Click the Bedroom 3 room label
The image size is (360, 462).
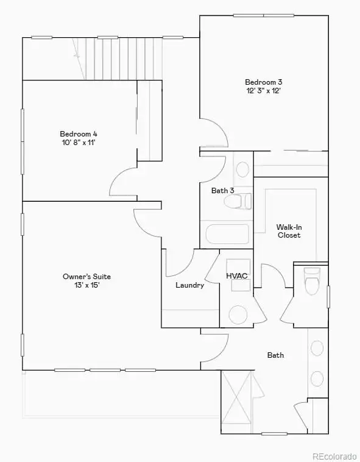click(263, 82)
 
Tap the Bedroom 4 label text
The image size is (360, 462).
click(79, 134)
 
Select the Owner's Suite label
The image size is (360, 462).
click(87, 277)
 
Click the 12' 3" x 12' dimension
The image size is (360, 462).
click(263, 91)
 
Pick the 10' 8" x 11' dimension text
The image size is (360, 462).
click(79, 143)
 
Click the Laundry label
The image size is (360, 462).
click(190, 285)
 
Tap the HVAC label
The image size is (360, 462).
click(237, 276)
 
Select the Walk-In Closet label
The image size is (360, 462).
click(289, 231)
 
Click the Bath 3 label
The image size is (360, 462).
click(222, 191)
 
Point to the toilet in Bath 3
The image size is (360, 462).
click(238, 202)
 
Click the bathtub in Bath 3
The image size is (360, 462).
click(227, 234)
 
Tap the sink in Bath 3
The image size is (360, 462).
click(242, 169)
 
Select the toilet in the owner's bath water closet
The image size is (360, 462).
click(312, 282)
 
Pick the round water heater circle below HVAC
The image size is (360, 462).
click(238, 315)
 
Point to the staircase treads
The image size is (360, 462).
click(124, 59)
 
